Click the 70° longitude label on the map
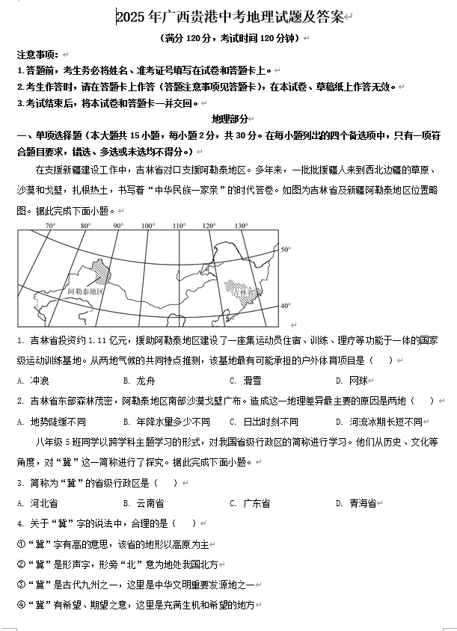pos(50,225)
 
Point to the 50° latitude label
pos(285,249)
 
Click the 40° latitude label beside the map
pos(285,306)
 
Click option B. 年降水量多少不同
pos(165,421)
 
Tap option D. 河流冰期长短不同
pos(378,421)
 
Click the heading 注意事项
pos(37,55)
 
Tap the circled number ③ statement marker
pos(21,584)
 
